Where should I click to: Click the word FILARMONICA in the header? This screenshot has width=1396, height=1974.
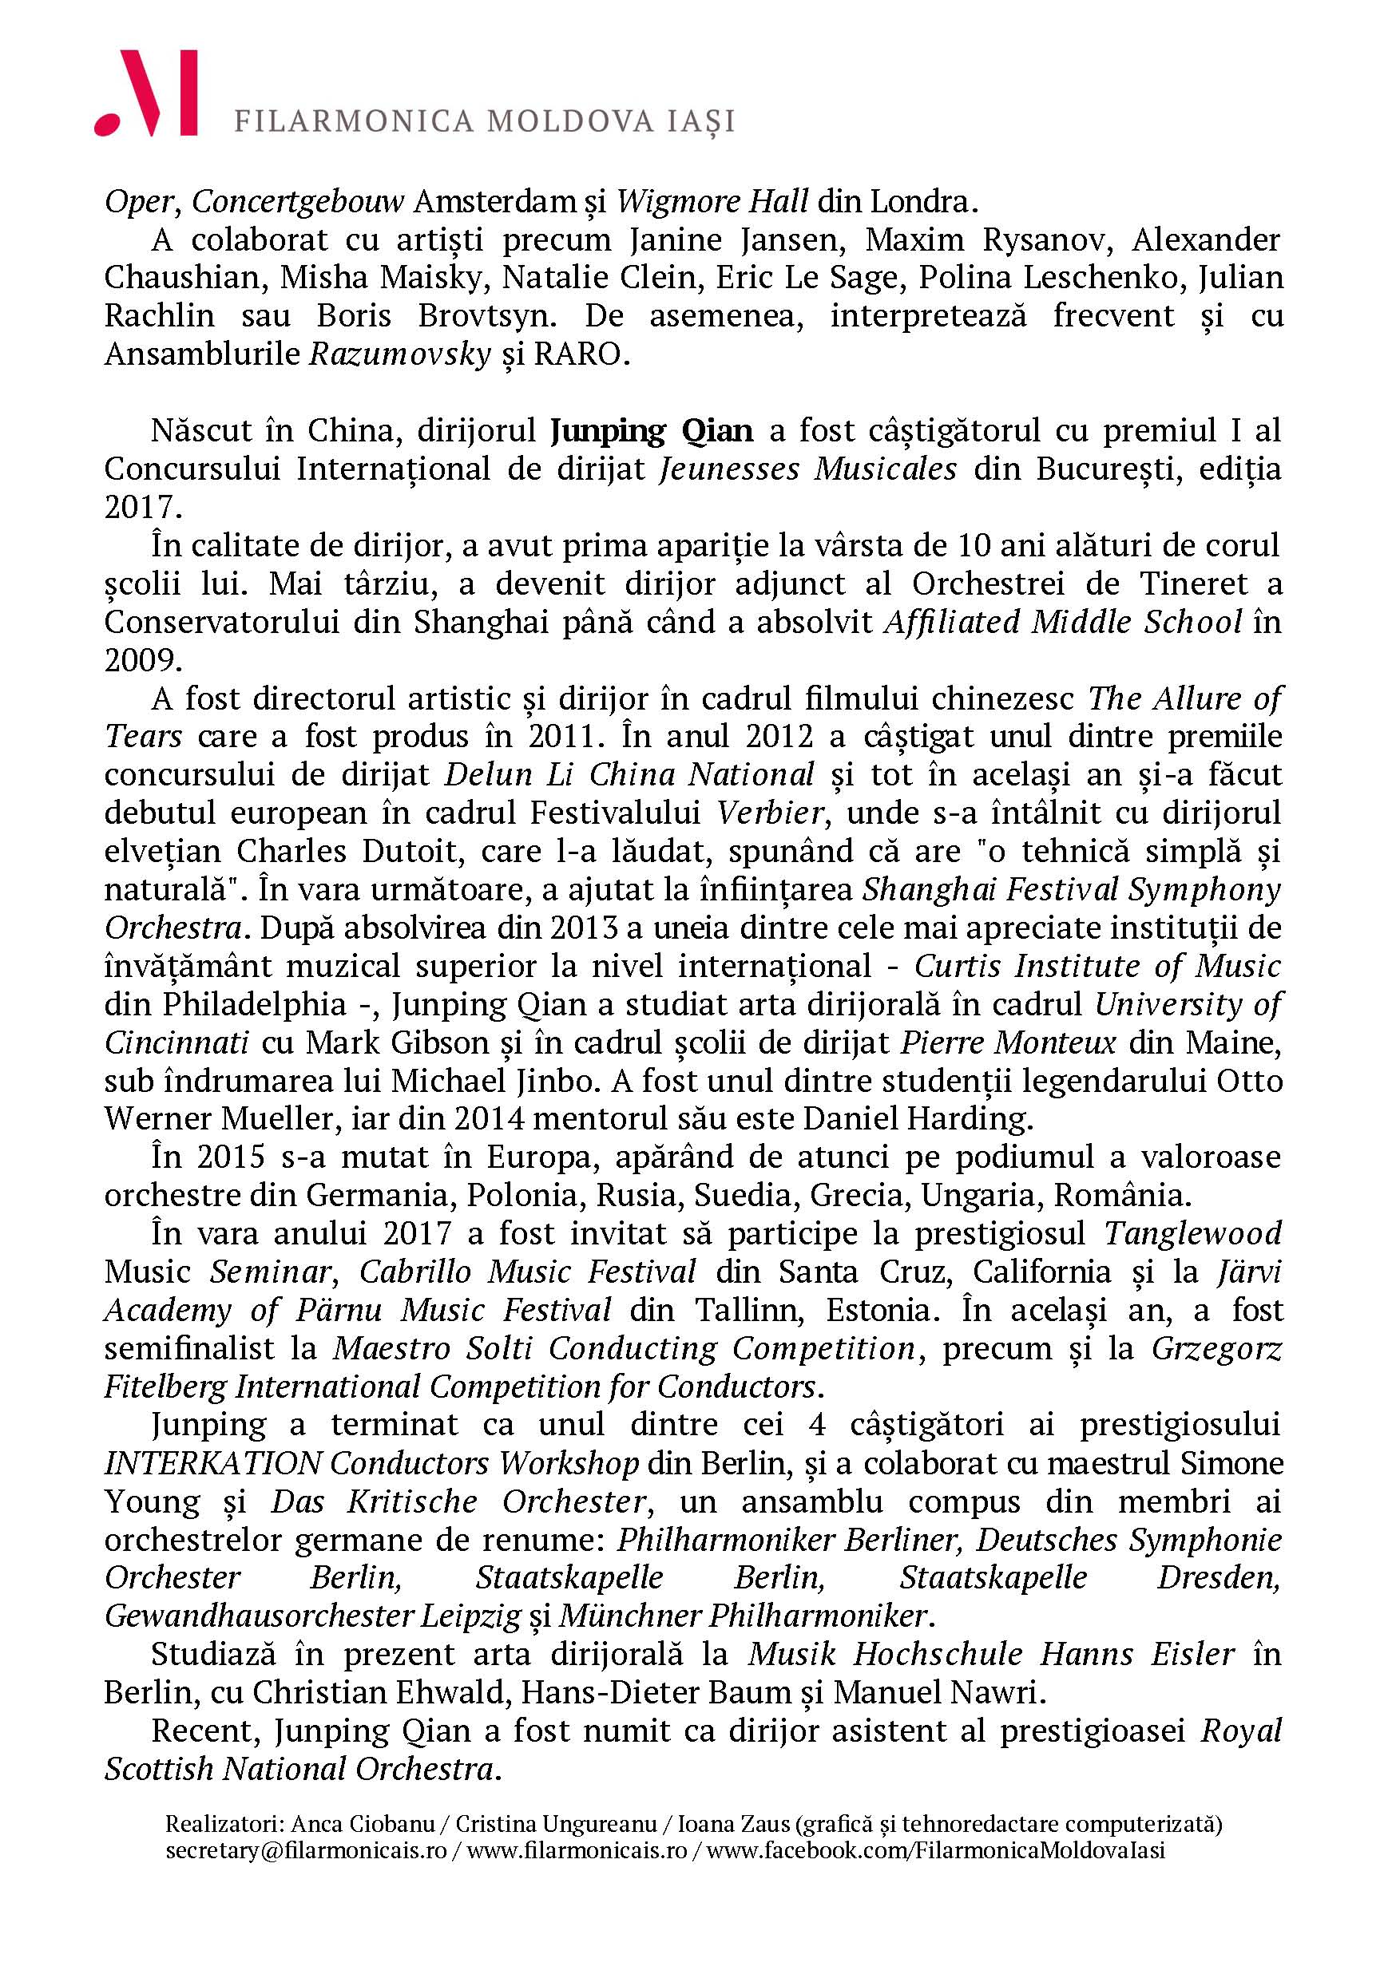(x=355, y=121)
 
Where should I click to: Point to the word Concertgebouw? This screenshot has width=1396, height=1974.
(x=298, y=202)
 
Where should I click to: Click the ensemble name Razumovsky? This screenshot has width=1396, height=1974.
(x=399, y=354)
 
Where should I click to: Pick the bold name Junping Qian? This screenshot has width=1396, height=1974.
(x=651, y=430)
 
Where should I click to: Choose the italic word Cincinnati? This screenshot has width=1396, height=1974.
(x=176, y=1042)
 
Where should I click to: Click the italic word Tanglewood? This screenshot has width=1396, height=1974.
(x=1192, y=1233)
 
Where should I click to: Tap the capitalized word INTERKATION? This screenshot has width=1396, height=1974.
(x=213, y=1462)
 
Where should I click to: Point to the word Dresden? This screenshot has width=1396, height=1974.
(x=1219, y=1577)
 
